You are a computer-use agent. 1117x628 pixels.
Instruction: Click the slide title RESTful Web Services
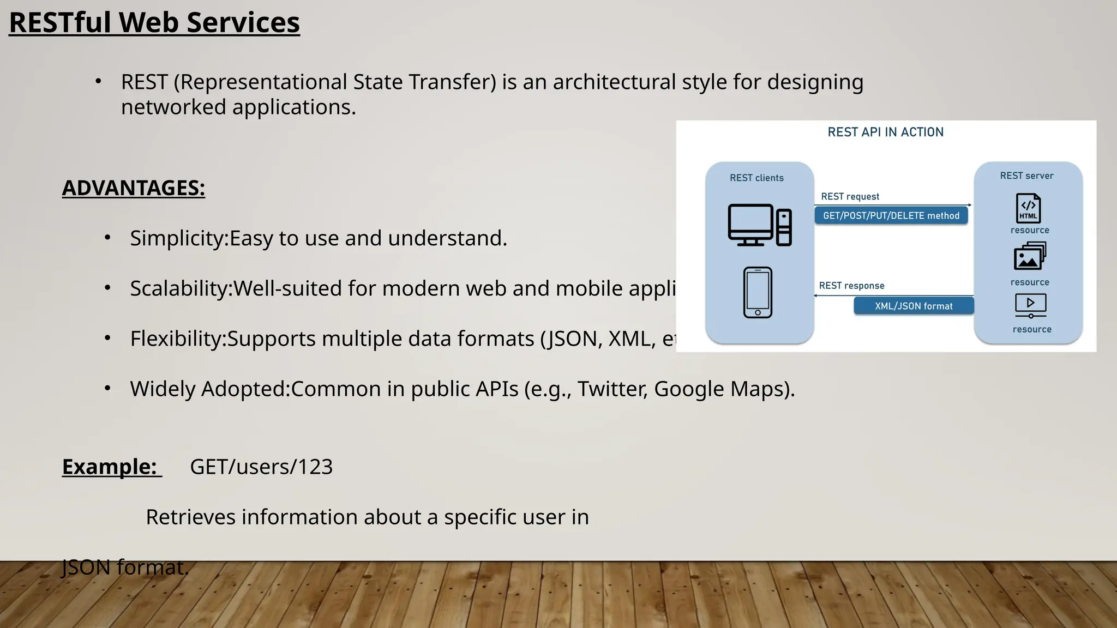[154, 23]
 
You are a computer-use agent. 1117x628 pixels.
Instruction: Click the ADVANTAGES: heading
[134, 188]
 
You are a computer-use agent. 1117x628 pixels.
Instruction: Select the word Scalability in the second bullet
[181, 288]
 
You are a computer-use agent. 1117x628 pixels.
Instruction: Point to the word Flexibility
[177, 339]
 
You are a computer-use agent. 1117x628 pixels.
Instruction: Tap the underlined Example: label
[110, 467]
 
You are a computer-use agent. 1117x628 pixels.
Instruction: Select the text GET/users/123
[261, 467]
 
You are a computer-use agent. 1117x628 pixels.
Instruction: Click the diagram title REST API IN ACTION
[885, 132]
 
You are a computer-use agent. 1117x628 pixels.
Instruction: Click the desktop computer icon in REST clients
[759, 225]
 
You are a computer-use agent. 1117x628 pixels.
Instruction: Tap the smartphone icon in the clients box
[758, 292]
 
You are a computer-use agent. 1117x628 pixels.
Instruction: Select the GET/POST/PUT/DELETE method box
[891, 215]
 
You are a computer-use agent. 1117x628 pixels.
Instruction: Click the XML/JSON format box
[914, 306]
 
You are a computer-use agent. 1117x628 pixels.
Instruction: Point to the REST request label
[850, 196]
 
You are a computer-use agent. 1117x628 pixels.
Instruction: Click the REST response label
[851, 286]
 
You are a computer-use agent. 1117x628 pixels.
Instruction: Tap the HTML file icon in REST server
[1028, 208]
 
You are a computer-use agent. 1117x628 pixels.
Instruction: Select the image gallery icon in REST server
[1029, 256]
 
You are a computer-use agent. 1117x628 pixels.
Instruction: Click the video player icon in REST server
[1030, 305]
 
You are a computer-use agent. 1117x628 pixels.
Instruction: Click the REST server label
[1026, 176]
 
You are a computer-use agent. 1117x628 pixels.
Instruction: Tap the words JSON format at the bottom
[125, 567]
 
